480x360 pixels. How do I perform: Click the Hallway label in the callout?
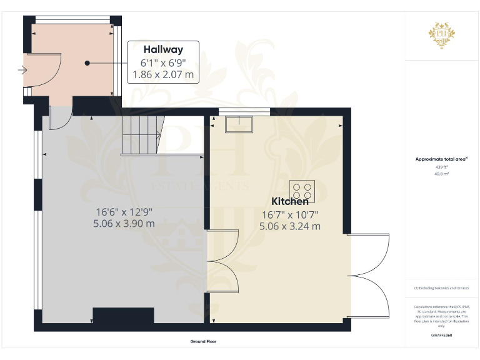click(162, 49)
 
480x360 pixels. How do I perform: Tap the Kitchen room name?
click(289, 202)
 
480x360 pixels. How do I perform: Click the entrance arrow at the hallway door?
click(23, 71)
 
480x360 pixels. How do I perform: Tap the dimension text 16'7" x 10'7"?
click(289, 214)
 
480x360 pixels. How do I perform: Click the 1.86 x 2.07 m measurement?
click(162, 75)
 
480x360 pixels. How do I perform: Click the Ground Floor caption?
click(204, 342)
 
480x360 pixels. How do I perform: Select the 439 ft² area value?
click(441, 167)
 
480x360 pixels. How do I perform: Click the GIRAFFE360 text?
click(441, 336)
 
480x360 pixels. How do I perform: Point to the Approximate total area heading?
click(441, 159)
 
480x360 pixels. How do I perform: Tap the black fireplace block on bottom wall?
click(123, 315)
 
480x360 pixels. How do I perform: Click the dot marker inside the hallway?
click(88, 63)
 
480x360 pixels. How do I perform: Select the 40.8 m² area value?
click(441, 174)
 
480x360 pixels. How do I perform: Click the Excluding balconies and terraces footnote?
click(441, 287)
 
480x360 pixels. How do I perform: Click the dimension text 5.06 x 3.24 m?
click(289, 226)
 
